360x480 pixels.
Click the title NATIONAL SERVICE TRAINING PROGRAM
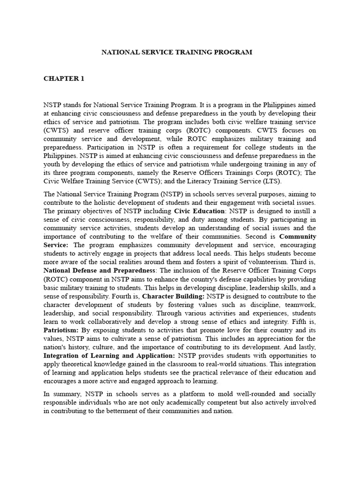(177, 52)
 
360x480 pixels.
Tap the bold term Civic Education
(199, 211)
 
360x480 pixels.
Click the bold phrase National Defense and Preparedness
(99, 270)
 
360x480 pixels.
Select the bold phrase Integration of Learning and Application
(109, 355)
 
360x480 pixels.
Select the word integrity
(267, 322)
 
